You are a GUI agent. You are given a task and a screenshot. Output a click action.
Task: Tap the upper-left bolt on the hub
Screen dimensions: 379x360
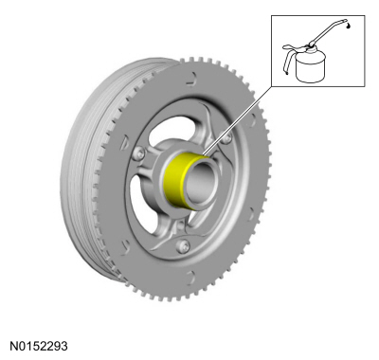click(139, 153)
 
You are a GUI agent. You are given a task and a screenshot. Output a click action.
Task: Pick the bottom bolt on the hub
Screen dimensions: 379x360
click(183, 246)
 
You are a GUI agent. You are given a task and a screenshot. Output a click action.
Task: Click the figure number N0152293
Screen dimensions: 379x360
click(39, 346)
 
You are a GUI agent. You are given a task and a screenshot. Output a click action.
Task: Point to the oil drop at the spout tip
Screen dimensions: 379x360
click(348, 27)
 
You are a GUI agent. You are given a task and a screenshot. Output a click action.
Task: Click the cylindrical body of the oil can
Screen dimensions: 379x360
click(311, 66)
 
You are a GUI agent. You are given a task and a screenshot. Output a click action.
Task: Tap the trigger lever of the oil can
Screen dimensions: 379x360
click(289, 57)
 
